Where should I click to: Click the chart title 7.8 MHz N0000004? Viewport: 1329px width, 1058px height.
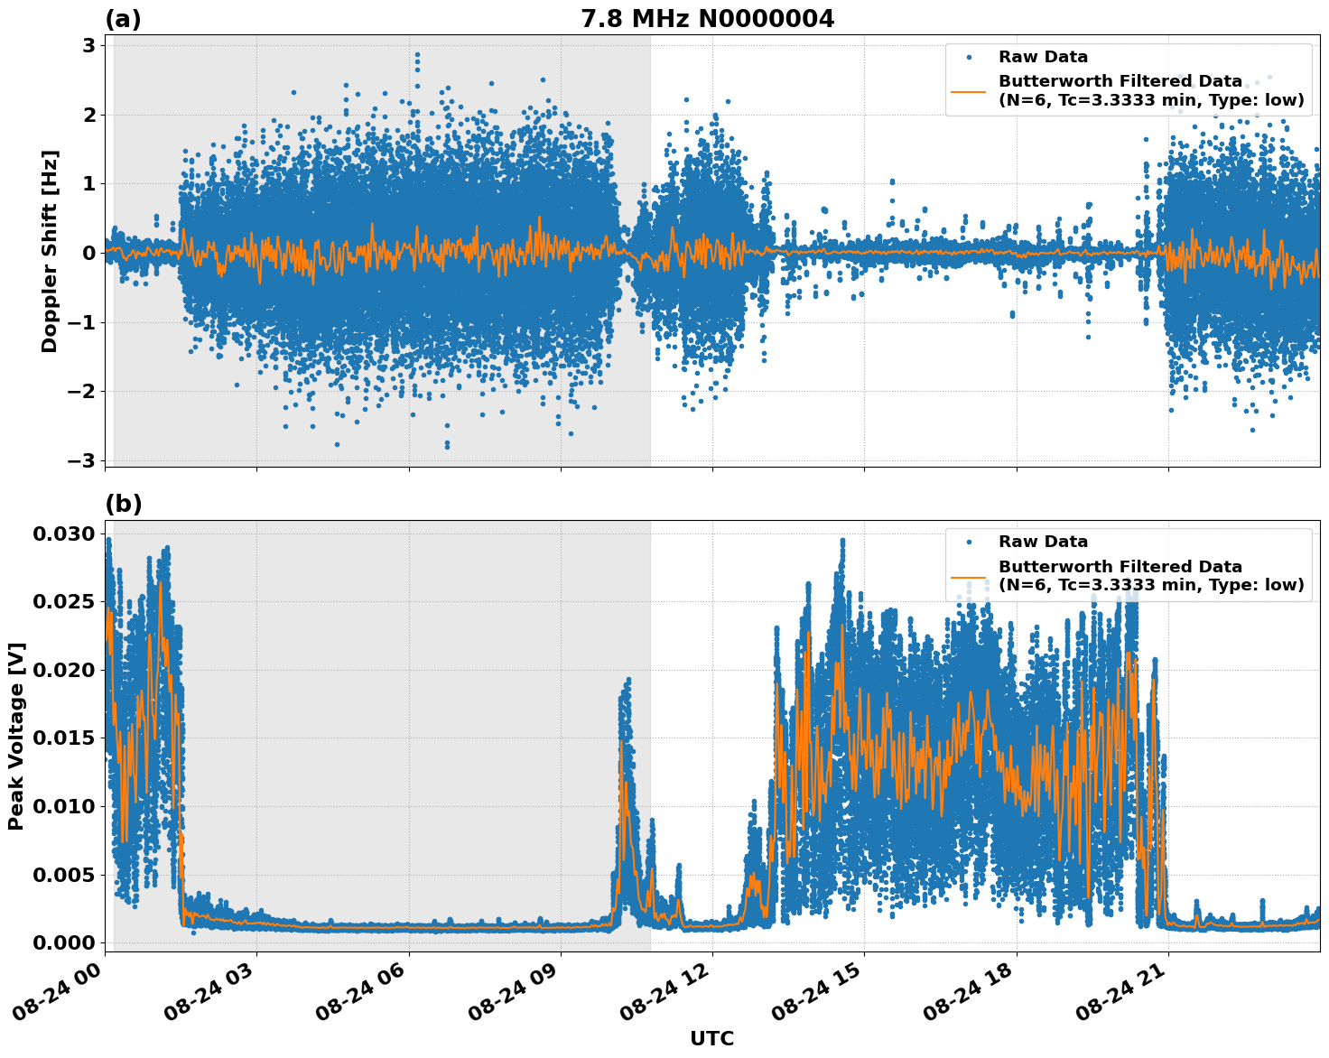(x=707, y=18)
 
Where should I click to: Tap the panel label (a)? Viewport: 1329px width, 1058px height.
(x=123, y=19)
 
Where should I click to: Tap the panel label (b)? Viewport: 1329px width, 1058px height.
(x=123, y=504)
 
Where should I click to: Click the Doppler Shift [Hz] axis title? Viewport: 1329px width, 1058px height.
(x=50, y=251)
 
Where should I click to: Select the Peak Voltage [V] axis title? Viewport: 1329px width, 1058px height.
(x=16, y=736)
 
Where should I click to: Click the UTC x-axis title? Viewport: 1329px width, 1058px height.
(x=711, y=1038)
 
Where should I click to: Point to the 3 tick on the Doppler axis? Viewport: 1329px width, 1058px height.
(x=89, y=46)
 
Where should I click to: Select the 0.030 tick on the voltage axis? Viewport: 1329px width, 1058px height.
(x=63, y=534)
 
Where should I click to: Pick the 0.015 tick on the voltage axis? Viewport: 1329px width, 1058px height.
(x=63, y=738)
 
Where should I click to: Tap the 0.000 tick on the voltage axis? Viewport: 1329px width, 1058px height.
(x=63, y=942)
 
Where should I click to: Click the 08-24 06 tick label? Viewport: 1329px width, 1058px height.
(x=367, y=991)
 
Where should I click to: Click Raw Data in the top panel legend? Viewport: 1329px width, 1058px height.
(x=1043, y=57)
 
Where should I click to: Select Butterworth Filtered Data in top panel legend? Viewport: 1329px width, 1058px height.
(x=1120, y=81)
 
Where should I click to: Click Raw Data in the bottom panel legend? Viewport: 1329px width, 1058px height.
(x=1043, y=542)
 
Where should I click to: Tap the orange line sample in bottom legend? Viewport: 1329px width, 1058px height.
(x=969, y=576)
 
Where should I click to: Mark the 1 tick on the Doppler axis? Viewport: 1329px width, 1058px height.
(x=89, y=184)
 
